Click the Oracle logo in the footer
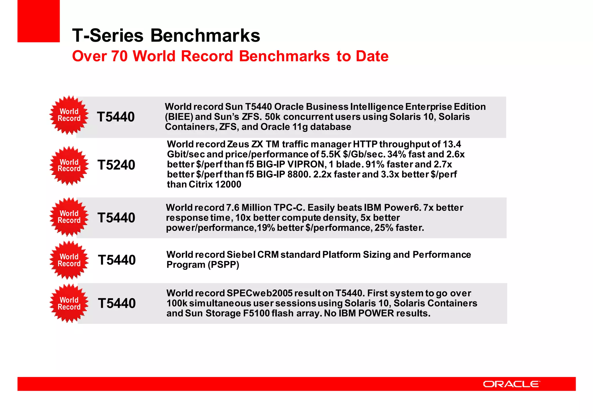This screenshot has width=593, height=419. [x=511, y=384]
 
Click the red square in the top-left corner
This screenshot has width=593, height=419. [x=39, y=21]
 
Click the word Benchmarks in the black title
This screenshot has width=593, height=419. [x=205, y=36]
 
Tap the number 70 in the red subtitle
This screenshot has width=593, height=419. [x=119, y=56]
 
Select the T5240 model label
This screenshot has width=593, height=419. [x=116, y=165]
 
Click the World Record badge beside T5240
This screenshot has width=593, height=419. [x=69, y=166]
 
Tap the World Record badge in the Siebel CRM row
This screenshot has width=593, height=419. [x=69, y=260]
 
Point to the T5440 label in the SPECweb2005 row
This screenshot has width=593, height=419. [x=117, y=303]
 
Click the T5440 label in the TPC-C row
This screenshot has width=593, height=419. [x=116, y=218]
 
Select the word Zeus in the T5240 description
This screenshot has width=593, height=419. [x=238, y=144]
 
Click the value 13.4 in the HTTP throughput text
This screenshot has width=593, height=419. [x=452, y=144]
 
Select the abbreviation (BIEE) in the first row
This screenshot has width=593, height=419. [x=179, y=117]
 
